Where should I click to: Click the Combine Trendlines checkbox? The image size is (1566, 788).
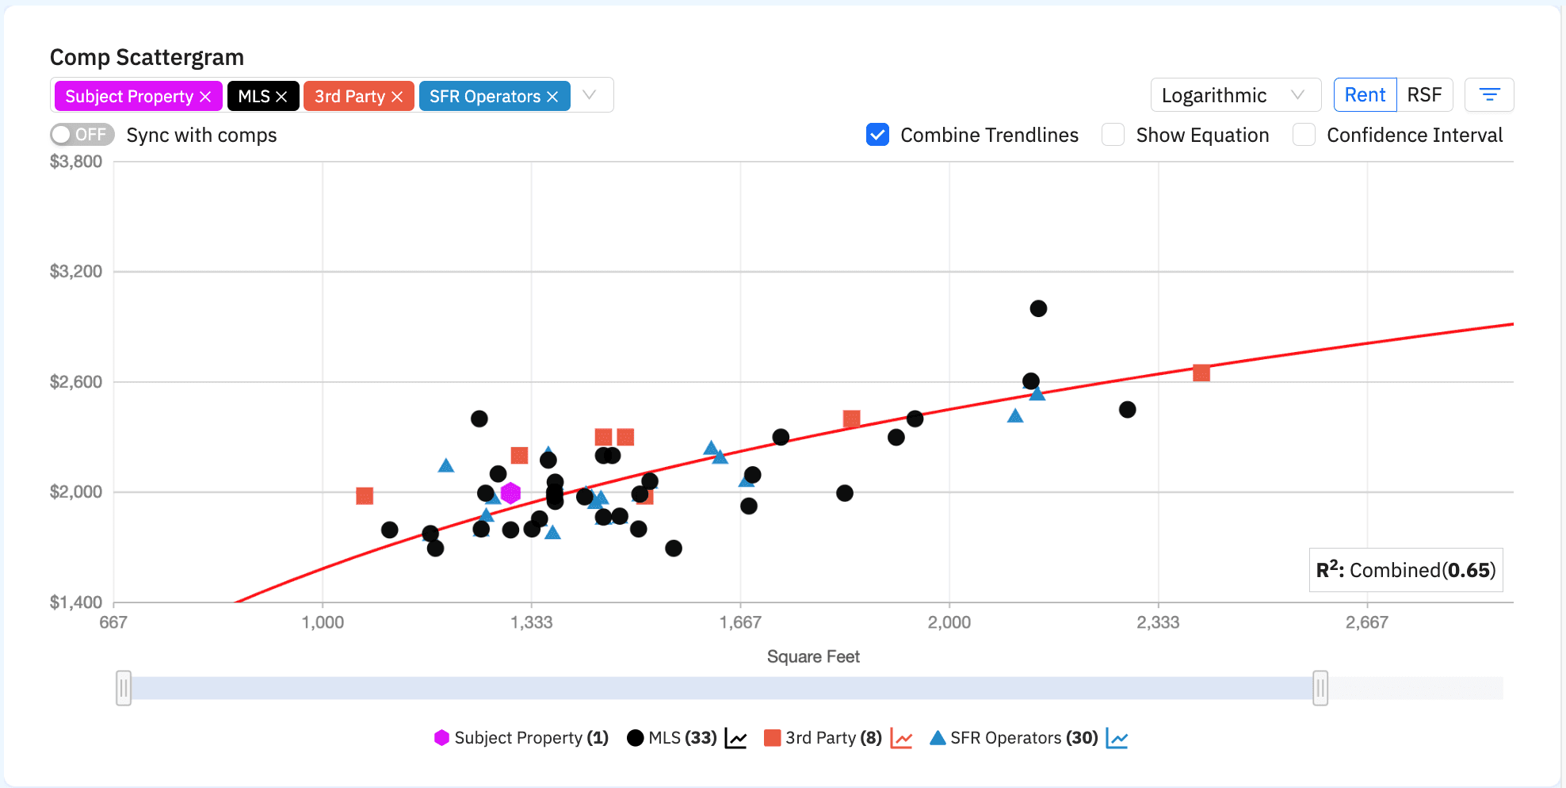point(877,135)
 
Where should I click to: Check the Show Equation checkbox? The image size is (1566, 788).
point(1113,135)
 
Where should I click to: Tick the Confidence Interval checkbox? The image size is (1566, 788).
point(1304,135)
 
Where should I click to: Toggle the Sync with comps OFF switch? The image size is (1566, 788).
point(82,135)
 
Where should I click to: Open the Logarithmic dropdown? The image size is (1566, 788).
point(1235,95)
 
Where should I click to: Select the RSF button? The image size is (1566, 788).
point(1424,95)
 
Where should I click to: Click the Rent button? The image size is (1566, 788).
point(1365,95)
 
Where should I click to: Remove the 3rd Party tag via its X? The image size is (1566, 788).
point(397,97)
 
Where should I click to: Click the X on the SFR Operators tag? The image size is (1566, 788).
point(552,97)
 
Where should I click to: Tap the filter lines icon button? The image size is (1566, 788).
point(1489,95)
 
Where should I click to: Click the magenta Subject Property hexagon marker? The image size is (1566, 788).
point(510,493)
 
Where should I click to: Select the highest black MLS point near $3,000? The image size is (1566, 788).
point(1038,308)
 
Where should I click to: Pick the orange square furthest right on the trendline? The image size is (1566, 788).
point(1201,373)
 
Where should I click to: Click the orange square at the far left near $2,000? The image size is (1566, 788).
point(365,495)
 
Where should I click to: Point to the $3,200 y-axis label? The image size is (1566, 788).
point(76,272)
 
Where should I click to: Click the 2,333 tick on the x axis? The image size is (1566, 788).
point(1158,622)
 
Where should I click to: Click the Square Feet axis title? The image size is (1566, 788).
point(813,656)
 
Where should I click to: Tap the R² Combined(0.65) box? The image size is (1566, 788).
point(1405,570)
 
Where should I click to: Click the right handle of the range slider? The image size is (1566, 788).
point(1320,688)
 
